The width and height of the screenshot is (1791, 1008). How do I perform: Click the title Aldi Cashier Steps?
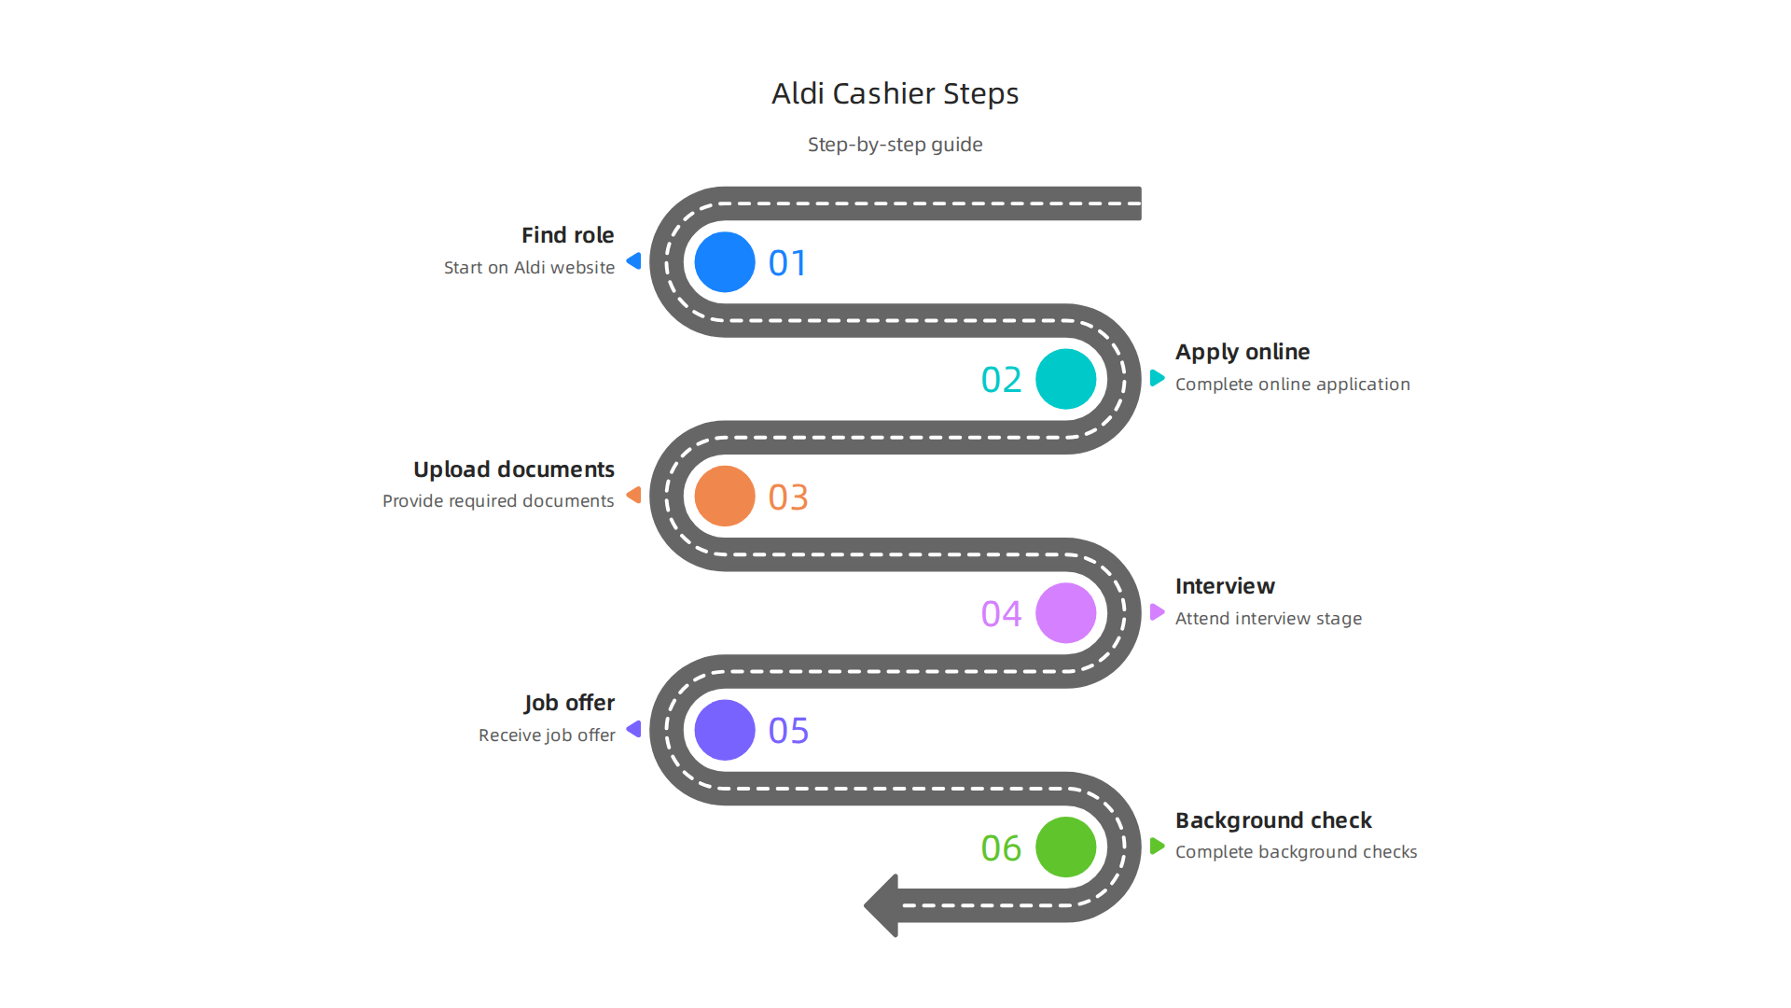pyautogui.click(x=895, y=93)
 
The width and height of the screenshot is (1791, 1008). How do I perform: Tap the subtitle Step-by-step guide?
pyautogui.click(x=895, y=145)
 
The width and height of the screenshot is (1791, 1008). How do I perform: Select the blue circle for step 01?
pyautogui.click(x=725, y=262)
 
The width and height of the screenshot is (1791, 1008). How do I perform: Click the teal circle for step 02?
pyautogui.click(x=1065, y=379)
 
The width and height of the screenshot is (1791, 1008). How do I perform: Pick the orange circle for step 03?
pyautogui.click(x=725, y=496)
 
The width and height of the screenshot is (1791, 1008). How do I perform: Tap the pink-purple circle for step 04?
pyautogui.click(x=1065, y=613)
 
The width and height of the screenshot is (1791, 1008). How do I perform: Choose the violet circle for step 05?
pyautogui.click(x=725, y=730)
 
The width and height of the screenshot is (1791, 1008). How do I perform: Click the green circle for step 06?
pyautogui.click(x=1065, y=847)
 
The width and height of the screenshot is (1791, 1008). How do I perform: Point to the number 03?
pyautogui.click(x=788, y=497)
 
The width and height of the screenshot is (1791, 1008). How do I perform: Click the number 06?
pyautogui.click(x=1001, y=848)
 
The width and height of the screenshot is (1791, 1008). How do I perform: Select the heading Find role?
pyautogui.click(x=567, y=235)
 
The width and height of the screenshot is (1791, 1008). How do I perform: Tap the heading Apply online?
pyautogui.click(x=1242, y=352)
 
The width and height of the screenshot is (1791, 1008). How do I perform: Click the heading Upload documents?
pyautogui.click(x=513, y=469)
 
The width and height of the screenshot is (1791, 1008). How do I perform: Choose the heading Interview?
pyautogui.click(x=1224, y=586)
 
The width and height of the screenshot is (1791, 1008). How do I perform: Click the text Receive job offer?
pyautogui.click(x=547, y=735)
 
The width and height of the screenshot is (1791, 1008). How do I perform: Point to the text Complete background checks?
pyautogui.click(x=1296, y=852)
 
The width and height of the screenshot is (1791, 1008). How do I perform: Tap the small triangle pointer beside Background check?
pyautogui.click(x=1157, y=847)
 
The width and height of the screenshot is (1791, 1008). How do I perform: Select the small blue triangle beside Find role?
pyautogui.click(x=634, y=261)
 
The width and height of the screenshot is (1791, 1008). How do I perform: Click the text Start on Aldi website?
pyautogui.click(x=529, y=268)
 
